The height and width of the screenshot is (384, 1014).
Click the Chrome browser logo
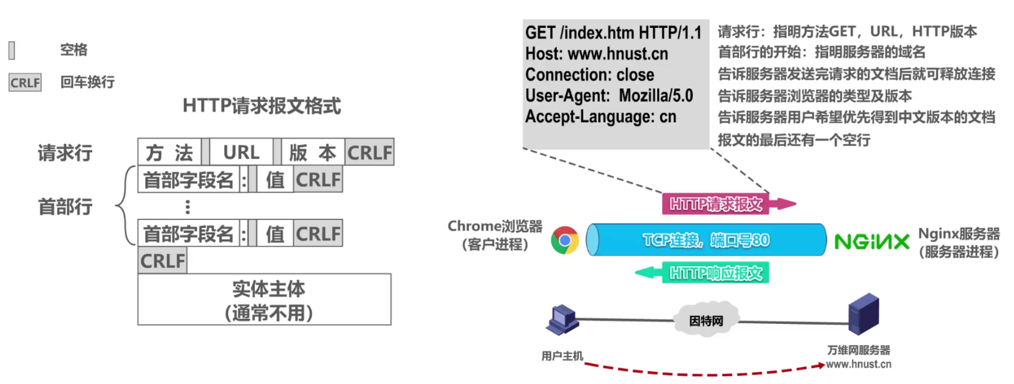point(565,240)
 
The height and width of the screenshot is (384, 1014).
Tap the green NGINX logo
point(872,242)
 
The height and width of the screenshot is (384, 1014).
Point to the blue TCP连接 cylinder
point(706,240)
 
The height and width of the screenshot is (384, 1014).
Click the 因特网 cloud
point(706,320)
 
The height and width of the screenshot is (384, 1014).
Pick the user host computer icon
point(562,320)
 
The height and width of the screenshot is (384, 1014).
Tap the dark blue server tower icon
point(863,315)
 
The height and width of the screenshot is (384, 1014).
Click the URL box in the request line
point(241,152)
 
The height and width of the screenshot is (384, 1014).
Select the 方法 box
point(169,152)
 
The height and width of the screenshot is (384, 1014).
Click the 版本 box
point(313,152)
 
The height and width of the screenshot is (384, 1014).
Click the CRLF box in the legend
point(25,83)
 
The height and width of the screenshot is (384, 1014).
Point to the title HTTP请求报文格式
point(262,106)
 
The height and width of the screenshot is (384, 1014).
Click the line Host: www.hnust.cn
point(596,54)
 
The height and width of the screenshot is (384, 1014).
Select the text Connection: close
point(590,75)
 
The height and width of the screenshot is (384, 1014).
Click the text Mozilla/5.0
point(656,95)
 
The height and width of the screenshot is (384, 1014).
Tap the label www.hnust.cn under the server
point(859,364)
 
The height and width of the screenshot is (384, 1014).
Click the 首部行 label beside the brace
point(65,207)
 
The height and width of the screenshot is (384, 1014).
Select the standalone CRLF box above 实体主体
point(162,261)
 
